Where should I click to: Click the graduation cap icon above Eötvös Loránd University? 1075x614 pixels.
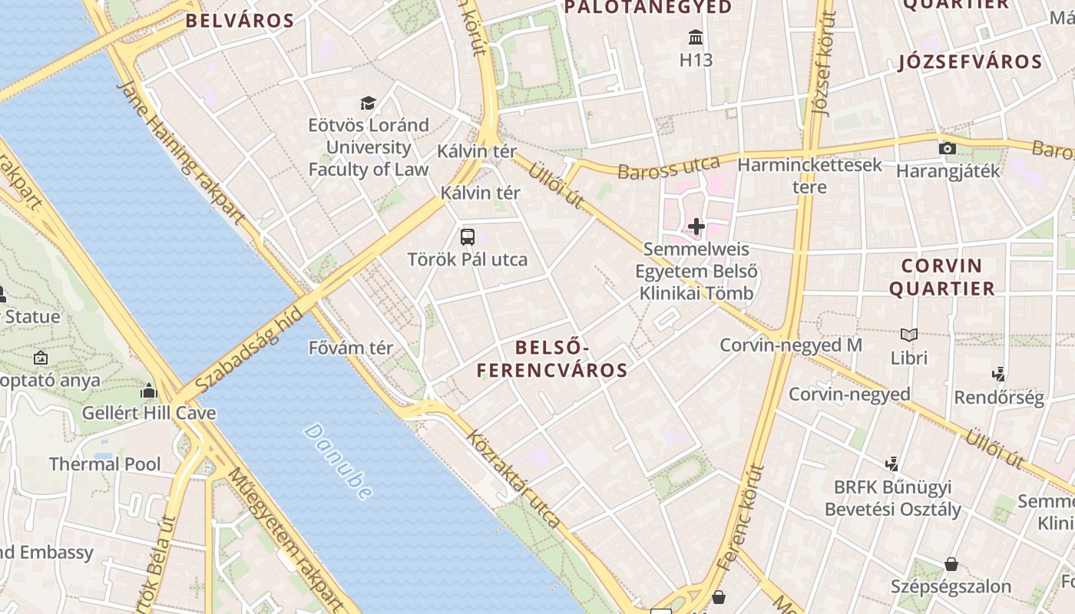[369, 103]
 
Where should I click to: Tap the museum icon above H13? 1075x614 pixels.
[696, 37]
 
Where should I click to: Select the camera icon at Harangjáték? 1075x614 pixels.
[948, 148]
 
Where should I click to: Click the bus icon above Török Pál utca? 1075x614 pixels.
[468, 236]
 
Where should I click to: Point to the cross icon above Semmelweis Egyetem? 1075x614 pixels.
[696, 226]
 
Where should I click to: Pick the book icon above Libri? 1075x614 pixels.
[909, 335]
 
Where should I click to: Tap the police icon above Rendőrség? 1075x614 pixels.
[998, 375]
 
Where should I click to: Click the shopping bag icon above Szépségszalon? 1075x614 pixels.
[951, 564]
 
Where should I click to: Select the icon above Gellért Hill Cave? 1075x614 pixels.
[149, 390]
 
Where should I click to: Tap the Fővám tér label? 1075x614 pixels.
[350, 348]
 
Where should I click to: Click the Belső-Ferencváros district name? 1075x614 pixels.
[551, 359]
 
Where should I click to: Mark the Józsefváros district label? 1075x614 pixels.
[971, 62]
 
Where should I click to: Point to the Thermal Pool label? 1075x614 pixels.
[105, 464]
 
